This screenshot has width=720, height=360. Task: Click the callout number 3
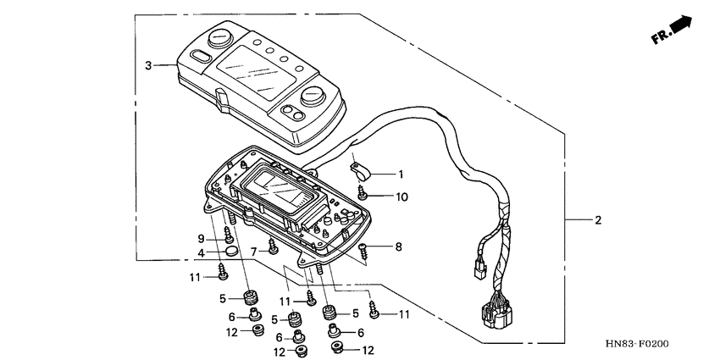pos(148,66)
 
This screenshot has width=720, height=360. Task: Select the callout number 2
pos(597,220)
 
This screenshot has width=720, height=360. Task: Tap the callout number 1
pos(401,174)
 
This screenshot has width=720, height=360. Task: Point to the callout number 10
pos(402,197)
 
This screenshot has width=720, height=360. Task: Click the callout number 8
pos(399,247)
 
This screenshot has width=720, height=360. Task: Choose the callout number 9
pos(201,239)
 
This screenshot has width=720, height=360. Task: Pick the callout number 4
pos(201,253)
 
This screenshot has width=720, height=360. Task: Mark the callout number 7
pos(253,252)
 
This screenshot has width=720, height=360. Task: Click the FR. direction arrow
pos(672,30)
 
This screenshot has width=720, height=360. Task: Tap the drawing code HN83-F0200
pos(636,343)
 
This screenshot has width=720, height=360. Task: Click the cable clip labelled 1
pos(361,171)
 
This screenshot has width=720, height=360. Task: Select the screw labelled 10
pos(362,193)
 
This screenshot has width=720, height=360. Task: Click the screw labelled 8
pos(363,251)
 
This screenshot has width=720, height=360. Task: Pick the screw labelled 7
pos(273,246)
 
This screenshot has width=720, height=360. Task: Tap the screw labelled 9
pos(228,235)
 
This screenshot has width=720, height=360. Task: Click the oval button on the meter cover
pos(200,56)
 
